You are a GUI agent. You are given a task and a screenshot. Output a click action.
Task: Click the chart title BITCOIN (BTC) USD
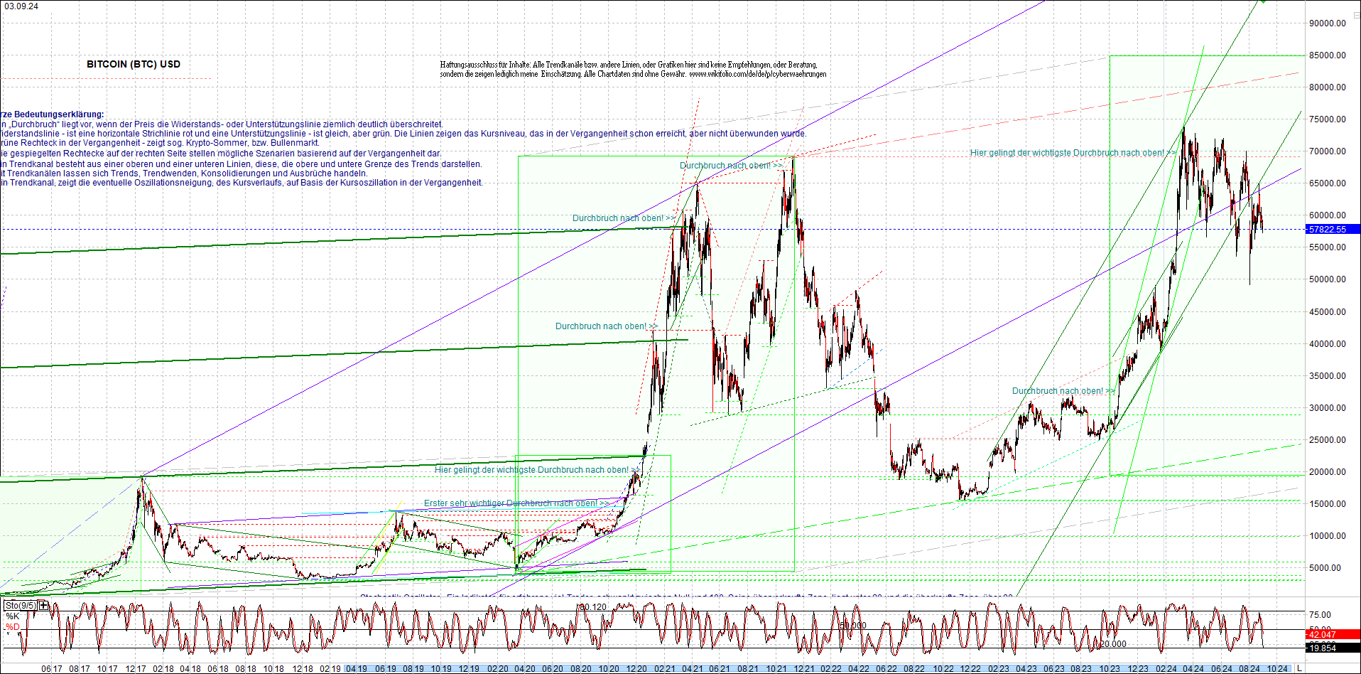pyautogui.click(x=134, y=64)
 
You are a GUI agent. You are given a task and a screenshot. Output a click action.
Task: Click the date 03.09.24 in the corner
pyautogui.click(x=21, y=6)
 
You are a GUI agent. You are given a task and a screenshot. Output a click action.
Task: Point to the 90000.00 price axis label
pyautogui.click(x=1328, y=23)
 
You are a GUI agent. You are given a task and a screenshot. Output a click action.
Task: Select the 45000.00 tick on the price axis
pyautogui.click(x=1328, y=312)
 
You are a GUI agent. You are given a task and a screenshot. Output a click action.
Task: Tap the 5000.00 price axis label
pyautogui.click(x=1325, y=568)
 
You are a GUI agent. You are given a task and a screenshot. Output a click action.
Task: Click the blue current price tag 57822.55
pyautogui.click(x=1328, y=230)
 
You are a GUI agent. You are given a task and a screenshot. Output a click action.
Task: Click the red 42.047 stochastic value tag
pyautogui.click(x=1322, y=635)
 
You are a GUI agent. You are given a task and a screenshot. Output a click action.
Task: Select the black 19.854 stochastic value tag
pyautogui.click(x=1322, y=648)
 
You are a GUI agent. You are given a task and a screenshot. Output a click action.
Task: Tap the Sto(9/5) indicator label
pyautogui.click(x=21, y=606)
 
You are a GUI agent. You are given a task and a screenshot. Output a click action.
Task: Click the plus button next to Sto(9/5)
pyautogui.click(x=44, y=606)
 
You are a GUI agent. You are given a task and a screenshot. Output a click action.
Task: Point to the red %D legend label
pyautogui.click(x=13, y=627)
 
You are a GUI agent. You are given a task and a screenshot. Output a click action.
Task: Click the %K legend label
pyautogui.click(x=13, y=616)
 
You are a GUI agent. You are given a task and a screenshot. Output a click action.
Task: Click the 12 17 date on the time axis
pyautogui.click(x=136, y=669)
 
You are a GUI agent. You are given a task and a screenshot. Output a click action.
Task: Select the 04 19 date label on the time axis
pyautogui.click(x=356, y=669)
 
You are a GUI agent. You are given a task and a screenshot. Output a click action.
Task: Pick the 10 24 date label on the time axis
pyautogui.click(x=1277, y=669)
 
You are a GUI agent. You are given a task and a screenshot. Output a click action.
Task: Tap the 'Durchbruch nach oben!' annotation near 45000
pyautogui.click(x=601, y=326)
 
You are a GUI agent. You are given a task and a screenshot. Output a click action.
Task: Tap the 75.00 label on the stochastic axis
pyautogui.click(x=1321, y=615)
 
